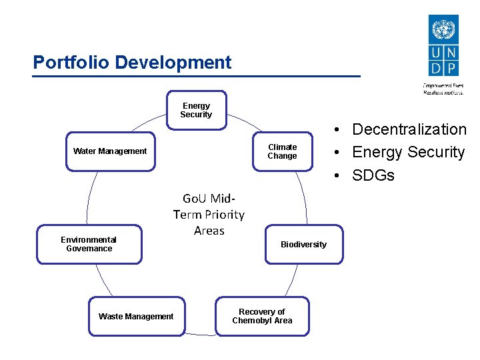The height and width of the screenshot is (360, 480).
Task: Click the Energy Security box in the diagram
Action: [x=196, y=110]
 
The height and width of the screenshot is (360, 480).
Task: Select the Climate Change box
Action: [x=282, y=151]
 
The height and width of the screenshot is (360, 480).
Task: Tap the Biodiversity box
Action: [x=303, y=245]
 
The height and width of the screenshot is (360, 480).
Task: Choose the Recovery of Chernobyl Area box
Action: [x=262, y=316]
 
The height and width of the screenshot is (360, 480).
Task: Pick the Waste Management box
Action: [x=136, y=317]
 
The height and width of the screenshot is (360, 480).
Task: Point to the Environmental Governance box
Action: [x=89, y=244]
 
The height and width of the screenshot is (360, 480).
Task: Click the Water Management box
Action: [x=110, y=151]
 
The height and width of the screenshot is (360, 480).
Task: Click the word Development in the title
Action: [x=173, y=63]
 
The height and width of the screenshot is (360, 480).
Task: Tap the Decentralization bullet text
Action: [x=409, y=129]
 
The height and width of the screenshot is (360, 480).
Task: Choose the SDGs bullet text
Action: [x=373, y=175]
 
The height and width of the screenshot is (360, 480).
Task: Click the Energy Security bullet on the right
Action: [x=408, y=152]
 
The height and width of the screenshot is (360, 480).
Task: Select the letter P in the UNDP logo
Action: [x=451, y=68]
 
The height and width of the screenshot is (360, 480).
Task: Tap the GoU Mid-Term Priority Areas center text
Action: [x=209, y=215]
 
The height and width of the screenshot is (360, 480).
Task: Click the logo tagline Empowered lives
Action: [x=443, y=85]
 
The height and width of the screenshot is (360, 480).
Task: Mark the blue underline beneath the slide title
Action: [x=197, y=76]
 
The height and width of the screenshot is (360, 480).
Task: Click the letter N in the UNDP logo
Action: [x=451, y=53]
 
